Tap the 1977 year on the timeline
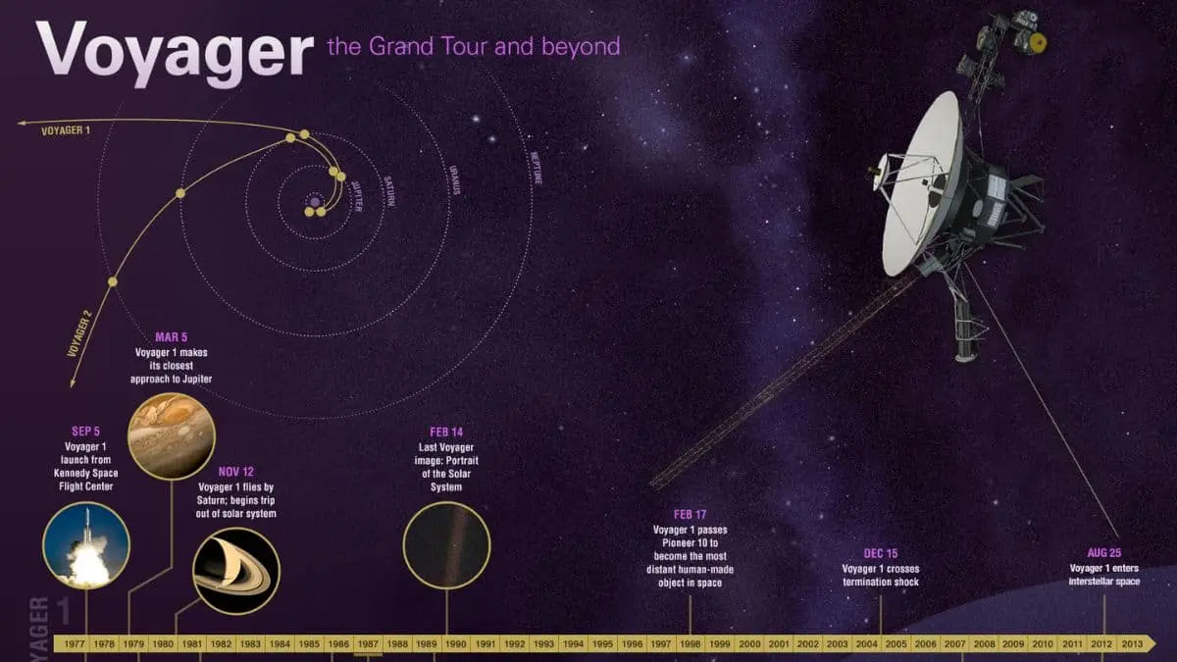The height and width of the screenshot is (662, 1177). point(76,644)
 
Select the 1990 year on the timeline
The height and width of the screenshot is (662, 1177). point(455,644)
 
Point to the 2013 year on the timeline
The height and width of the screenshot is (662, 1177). point(1130,644)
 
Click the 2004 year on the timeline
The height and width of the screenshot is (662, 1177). point(866,644)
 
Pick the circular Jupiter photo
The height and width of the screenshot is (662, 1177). point(172,435)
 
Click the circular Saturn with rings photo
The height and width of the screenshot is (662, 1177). point(236,571)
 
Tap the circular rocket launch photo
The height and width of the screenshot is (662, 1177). point(86,545)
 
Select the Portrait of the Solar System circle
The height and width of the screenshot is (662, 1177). point(446,545)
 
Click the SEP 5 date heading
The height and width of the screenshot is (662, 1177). point(86,431)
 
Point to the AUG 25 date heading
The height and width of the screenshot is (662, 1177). point(1104,553)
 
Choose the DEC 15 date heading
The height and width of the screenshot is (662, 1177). point(880,553)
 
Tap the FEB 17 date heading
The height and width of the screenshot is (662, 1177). point(690,514)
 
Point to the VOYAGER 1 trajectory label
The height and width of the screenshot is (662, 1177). point(66,129)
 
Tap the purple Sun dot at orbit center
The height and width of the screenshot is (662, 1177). point(314,203)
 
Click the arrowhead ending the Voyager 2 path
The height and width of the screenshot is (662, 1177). point(72,382)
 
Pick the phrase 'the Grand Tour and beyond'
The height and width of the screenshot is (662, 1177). point(473,46)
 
